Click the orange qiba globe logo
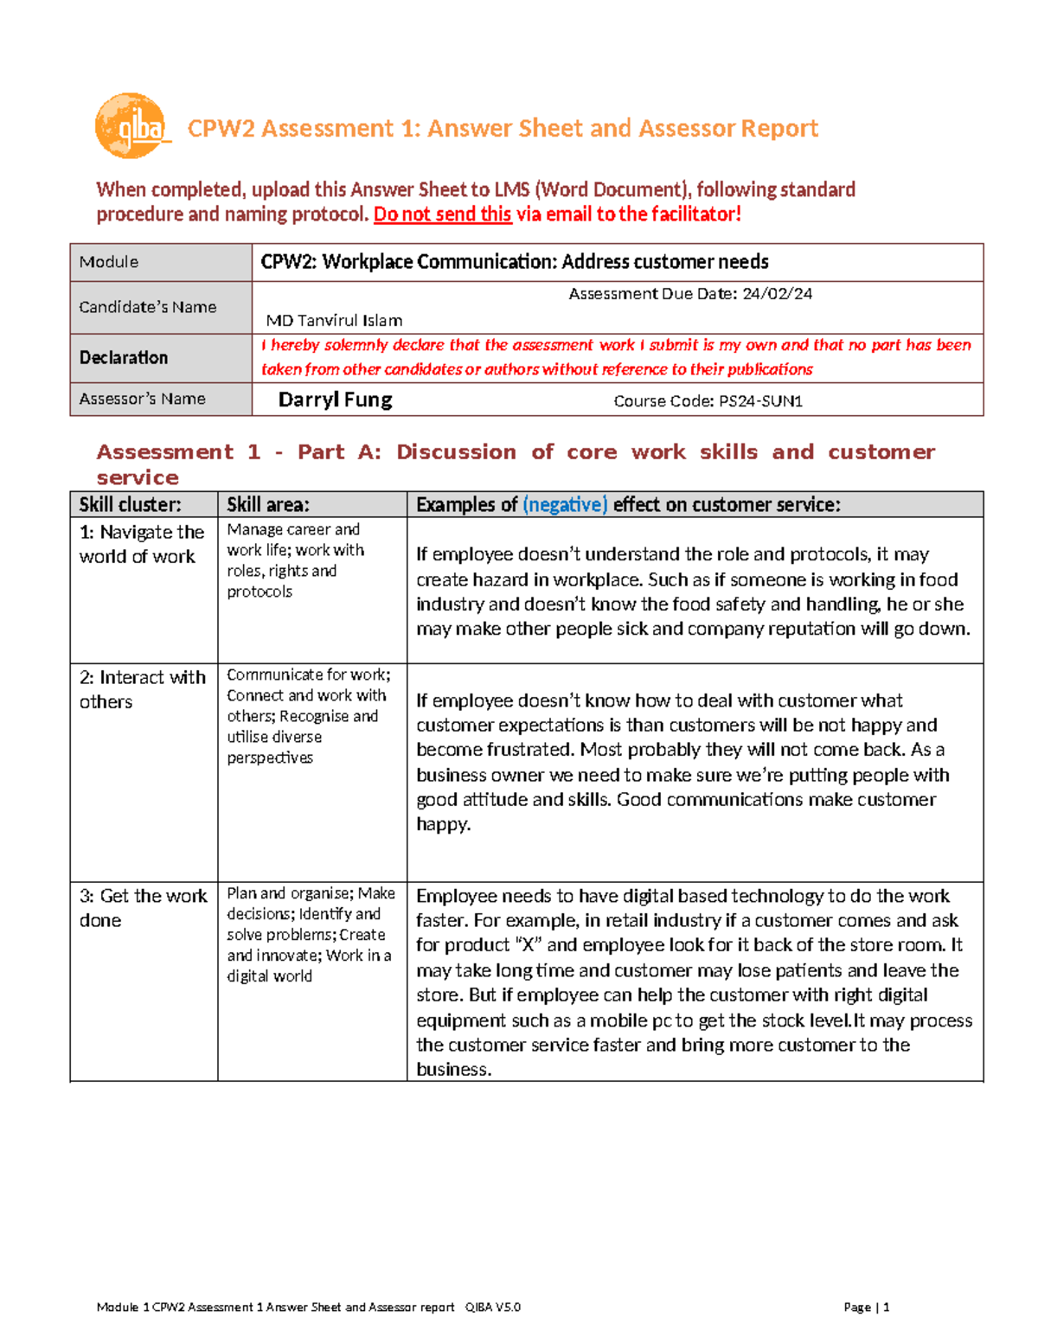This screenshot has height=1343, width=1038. (130, 126)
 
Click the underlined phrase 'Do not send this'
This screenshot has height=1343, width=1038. (442, 214)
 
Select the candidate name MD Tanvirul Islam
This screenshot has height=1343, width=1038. (334, 321)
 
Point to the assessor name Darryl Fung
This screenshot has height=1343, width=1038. (335, 400)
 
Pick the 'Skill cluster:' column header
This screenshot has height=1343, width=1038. (130, 505)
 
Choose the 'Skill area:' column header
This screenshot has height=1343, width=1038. (267, 505)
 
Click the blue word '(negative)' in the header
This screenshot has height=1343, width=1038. (565, 505)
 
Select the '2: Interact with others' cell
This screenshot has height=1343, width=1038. (142, 689)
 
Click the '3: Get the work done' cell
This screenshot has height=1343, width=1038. (142, 908)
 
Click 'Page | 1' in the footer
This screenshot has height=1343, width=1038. (866, 1308)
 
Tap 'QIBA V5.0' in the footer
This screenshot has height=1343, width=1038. (492, 1308)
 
